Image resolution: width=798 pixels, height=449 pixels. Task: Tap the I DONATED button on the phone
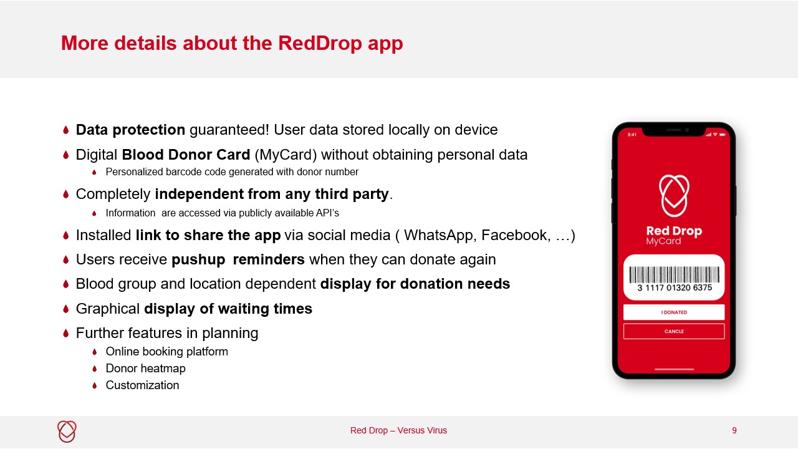tap(674, 312)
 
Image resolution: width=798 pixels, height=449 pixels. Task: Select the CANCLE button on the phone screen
tap(674, 331)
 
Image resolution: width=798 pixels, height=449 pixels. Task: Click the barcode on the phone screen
tap(674, 274)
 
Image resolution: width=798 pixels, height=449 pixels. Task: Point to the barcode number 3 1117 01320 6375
tap(674, 288)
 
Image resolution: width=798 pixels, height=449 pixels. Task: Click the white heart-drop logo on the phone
tap(674, 195)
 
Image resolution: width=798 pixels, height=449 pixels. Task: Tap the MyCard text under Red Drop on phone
tap(663, 241)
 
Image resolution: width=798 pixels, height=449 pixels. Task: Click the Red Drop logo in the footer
tap(67, 431)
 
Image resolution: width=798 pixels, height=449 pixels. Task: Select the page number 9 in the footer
tap(734, 430)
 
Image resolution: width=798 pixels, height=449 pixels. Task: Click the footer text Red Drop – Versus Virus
tap(398, 430)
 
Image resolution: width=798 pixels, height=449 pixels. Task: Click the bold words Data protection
tap(130, 130)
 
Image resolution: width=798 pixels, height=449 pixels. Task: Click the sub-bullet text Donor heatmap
tap(145, 369)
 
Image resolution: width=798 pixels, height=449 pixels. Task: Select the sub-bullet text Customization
tap(142, 385)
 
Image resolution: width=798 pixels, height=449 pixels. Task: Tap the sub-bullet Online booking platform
tap(166, 352)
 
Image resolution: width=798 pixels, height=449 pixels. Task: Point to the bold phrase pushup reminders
tap(238, 259)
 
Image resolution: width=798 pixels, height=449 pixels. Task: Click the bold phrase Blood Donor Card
tap(186, 155)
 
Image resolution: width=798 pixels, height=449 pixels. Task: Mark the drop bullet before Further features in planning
tap(65, 334)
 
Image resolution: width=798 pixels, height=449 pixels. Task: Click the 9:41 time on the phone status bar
tap(632, 135)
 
